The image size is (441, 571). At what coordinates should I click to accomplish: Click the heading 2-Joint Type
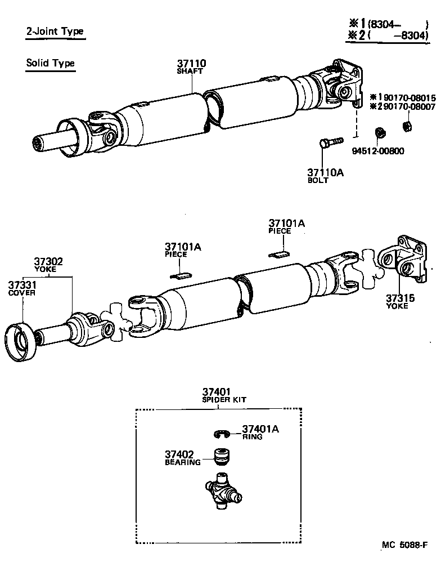55,32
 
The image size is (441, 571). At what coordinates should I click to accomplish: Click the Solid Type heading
50,63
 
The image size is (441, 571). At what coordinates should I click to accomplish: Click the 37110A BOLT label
324,176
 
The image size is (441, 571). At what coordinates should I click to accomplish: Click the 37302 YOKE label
48,265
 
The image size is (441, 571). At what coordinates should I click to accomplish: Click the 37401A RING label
260,432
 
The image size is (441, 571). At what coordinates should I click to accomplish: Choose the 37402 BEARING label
182,457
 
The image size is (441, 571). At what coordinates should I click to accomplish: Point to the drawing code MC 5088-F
404,545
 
